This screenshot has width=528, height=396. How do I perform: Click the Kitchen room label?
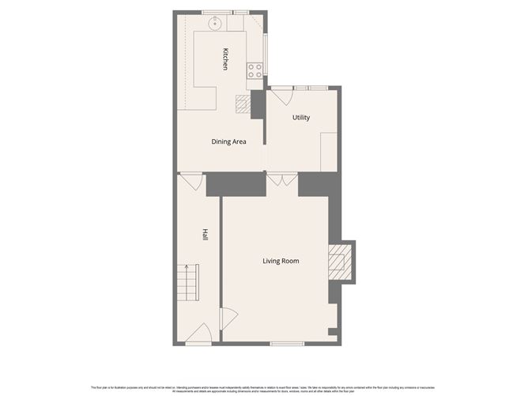[x=226, y=59]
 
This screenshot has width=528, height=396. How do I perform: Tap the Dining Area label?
[x=228, y=142]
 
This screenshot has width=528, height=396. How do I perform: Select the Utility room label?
[x=301, y=118]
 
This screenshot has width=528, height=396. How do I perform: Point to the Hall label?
[x=205, y=235]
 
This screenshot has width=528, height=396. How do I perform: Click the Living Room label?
[x=281, y=261]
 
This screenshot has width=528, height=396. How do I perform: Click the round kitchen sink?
[x=213, y=24]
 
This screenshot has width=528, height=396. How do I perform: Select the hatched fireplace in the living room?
[x=338, y=262]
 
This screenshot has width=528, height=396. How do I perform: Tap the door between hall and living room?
[x=225, y=317]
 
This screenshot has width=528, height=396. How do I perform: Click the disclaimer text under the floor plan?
[x=263, y=388]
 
